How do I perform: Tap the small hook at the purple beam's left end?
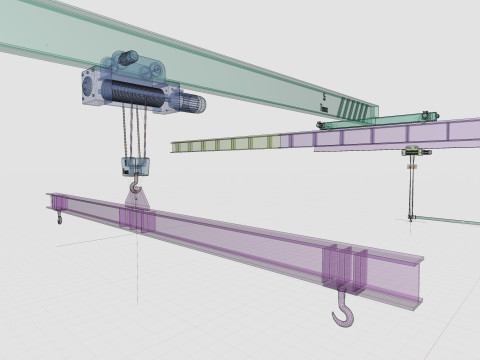[x=59, y=216]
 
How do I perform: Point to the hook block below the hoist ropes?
[x=134, y=166]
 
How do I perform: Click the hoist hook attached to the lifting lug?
[x=135, y=186]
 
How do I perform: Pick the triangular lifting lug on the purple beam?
[x=137, y=202]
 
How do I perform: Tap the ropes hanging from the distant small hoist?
[x=410, y=185]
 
